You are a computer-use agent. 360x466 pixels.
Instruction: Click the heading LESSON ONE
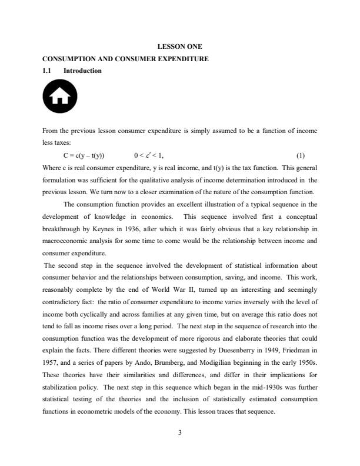click(180, 46)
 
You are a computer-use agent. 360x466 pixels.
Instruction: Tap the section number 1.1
click(48, 71)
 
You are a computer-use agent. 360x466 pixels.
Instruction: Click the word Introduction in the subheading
click(82, 71)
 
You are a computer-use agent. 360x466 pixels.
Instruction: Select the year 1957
click(52, 357)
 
